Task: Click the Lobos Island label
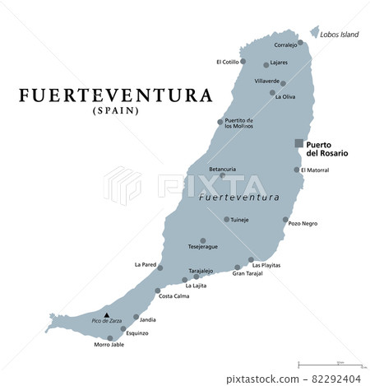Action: tap(339, 35)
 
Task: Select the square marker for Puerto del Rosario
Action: tap(299, 143)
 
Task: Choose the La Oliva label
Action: tap(285, 97)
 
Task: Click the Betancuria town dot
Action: tap(222, 175)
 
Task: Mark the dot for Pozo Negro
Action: tap(285, 221)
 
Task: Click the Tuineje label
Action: tap(238, 220)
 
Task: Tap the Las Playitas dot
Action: tap(250, 258)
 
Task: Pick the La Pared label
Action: tap(145, 265)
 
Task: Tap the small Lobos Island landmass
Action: tap(314, 32)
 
